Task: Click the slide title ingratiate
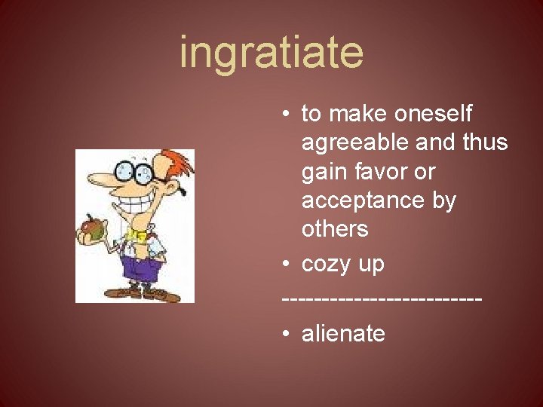pyautogui.click(x=271, y=53)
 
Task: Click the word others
pyautogui.click(x=335, y=229)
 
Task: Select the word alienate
pyautogui.click(x=343, y=333)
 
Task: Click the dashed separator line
pyautogui.click(x=382, y=299)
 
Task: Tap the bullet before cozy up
pyautogui.click(x=287, y=265)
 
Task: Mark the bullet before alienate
pyautogui.click(x=287, y=333)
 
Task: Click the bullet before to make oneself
pyautogui.click(x=287, y=114)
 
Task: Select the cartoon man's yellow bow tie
pyautogui.click(x=137, y=236)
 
